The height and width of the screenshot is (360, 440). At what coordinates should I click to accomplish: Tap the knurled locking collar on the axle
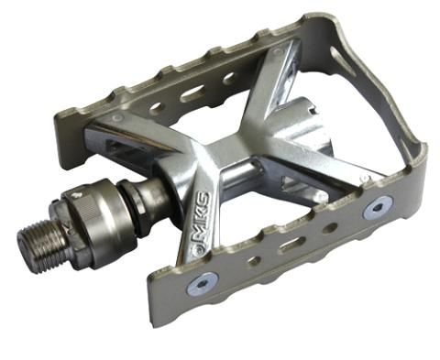pyautogui.click(x=102, y=227)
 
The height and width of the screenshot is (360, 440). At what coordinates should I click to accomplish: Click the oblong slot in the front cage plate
pyautogui.click(x=291, y=244)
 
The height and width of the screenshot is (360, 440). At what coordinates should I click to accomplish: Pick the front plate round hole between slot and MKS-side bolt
pyautogui.click(x=254, y=260)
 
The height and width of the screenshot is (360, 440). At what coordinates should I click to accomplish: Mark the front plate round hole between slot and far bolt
pyautogui.click(x=328, y=226)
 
